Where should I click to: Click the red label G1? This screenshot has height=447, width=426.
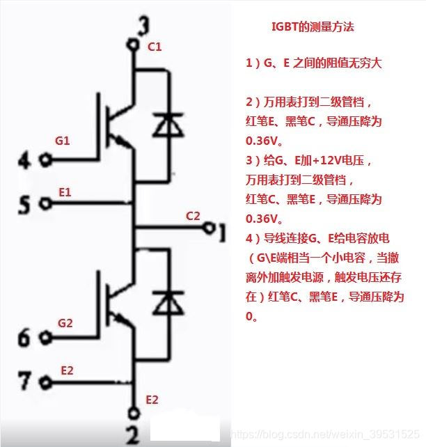click(63, 141)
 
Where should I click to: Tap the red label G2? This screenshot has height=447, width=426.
click(65, 323)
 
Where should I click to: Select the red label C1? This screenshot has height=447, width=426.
click(155, 47)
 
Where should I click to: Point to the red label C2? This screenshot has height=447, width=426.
click(193, 216)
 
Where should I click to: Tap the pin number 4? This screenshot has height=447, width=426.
click(24, 162)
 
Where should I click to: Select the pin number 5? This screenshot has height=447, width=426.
click(24, 205)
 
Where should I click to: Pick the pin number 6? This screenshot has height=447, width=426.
click(24, 339)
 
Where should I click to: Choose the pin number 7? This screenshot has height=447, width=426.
click(24, 382)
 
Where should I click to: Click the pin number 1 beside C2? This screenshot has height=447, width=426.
click(221, 231)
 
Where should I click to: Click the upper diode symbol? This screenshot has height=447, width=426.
click(166, 125)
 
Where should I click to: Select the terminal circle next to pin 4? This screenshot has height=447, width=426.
click(47, 160)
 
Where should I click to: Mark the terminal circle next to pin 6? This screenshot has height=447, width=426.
click(47, 338)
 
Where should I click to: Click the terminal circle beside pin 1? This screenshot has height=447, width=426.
click(207, 228)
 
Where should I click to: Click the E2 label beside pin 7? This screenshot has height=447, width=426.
click(67, 370)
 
